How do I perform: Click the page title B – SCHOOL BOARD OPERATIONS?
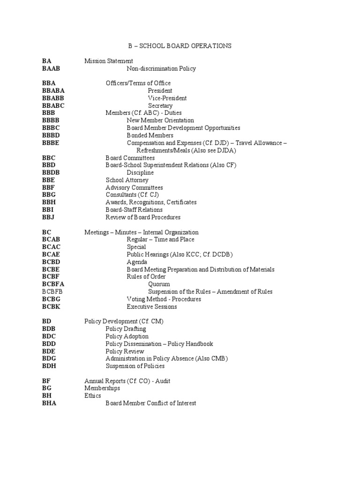pos(180,46)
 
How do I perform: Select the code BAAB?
pos(51,68)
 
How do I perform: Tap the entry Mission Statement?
pos(109,61)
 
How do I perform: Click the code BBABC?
pos(53,105)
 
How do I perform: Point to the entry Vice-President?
pos(167,98)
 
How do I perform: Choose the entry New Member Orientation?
pos(160,120)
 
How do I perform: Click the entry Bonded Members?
pos(150,135)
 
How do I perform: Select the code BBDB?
pos(51,172)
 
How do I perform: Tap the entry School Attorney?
pos(127,180)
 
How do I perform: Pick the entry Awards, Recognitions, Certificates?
pos(151,202)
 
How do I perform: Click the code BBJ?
pos(49,217)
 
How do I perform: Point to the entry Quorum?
pos(159,284)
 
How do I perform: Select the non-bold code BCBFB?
pos(52,292)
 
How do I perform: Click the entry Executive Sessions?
pos(152,307)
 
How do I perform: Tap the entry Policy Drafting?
pos(126,329)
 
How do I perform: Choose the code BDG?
pos(49,359)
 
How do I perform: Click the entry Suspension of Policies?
pos(135,366)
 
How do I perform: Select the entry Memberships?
pos(102,389)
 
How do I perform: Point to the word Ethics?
pos(93,396)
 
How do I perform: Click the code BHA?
pos(49,403)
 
